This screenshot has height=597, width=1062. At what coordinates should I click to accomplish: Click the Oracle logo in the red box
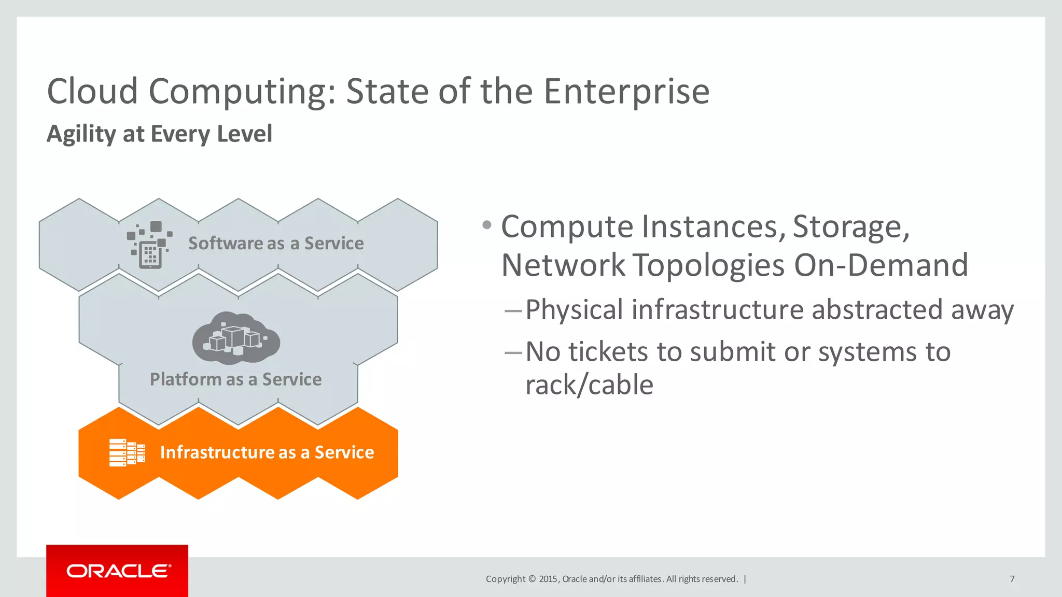(118, 571)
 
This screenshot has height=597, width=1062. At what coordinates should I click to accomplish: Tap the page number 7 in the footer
(1012, 579)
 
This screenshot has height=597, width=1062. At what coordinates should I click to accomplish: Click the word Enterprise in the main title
(626, 91)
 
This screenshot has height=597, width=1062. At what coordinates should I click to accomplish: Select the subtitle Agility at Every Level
(159, 134)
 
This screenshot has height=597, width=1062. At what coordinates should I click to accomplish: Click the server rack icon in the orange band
(127, 452)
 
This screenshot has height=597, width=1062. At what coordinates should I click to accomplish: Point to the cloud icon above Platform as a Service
(236, 337)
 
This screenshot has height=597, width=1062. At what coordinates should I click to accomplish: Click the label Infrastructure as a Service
(267, 452)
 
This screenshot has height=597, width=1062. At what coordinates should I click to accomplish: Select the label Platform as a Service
(235, 379)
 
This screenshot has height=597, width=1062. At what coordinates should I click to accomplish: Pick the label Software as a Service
(275, 243)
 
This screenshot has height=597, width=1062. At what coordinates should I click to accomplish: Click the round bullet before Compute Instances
(486, 225)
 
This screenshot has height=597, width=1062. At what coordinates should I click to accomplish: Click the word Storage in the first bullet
(850, 227)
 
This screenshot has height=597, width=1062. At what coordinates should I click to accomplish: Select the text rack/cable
(589, 385)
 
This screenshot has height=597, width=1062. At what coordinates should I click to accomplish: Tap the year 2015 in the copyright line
(548, 579)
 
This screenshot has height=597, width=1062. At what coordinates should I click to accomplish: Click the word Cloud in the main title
(92, 91)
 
